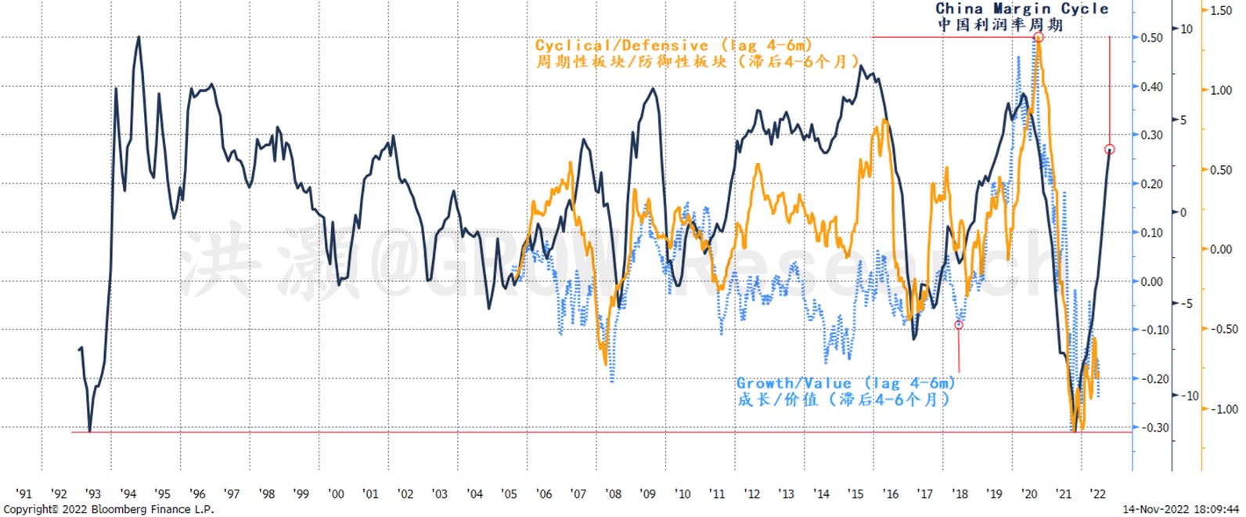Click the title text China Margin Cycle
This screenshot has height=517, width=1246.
tap(1022, 9)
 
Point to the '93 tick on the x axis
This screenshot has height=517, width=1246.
tap(93, 493)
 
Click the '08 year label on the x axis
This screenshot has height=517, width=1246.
tap(614, 493)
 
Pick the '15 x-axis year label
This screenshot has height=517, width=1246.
tap(856, 493)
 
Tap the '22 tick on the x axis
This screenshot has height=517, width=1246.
tap(1098, 493)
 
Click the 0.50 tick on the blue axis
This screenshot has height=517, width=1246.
tap(1151, 38)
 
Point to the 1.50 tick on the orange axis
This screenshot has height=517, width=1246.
tap(1221, 10)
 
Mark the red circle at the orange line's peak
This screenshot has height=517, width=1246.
tap(1039, 38)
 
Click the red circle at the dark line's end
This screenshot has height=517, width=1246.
tap(1109, 150)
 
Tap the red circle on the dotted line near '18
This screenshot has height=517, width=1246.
tap(959, 324)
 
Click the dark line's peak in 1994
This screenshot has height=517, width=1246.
tap(139, 37)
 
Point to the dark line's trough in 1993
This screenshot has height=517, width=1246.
tap(90, 430)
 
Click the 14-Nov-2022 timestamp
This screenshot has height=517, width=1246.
tap(1183, 509)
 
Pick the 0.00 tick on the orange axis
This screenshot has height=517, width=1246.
tap(1221, 249)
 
